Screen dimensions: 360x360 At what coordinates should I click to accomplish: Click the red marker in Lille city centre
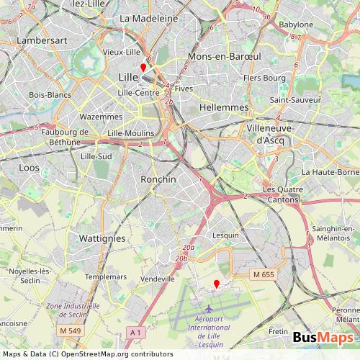(x=143, y=68)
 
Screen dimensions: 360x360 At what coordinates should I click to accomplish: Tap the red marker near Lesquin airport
(x=217, y=284)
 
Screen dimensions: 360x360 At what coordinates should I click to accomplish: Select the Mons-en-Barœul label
(x=222, y=55)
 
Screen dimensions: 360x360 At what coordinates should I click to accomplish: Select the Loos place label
(x=30, y=167)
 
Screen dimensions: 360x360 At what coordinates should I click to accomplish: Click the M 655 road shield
(x=264, y=274)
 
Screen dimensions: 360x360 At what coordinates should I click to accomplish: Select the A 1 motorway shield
(x=135, y=331)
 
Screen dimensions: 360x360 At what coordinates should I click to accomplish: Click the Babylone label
(x=297, y=24)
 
